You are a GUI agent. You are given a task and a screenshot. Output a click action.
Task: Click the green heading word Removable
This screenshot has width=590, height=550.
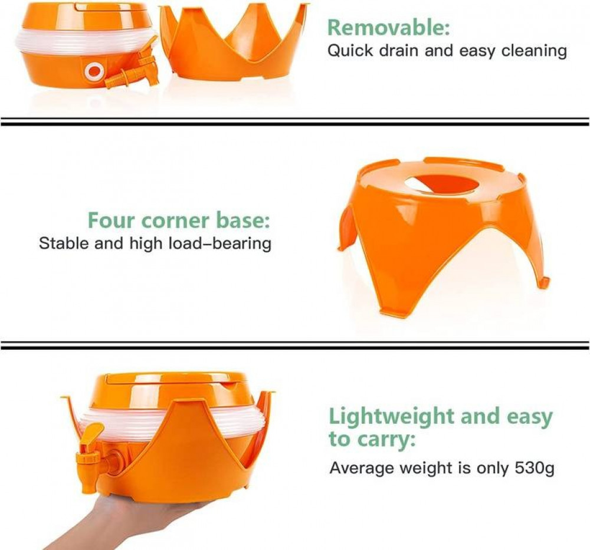tap(388, 28)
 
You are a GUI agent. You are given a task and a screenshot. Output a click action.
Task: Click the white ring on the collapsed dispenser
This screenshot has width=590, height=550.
tap(94, 71)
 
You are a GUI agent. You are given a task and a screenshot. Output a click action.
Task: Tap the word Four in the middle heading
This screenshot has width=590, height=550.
tap(111, 220)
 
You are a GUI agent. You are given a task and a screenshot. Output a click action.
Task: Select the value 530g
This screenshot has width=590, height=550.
tap(535, 469)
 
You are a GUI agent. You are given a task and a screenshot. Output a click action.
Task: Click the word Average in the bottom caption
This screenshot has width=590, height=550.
tap(361, 469)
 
